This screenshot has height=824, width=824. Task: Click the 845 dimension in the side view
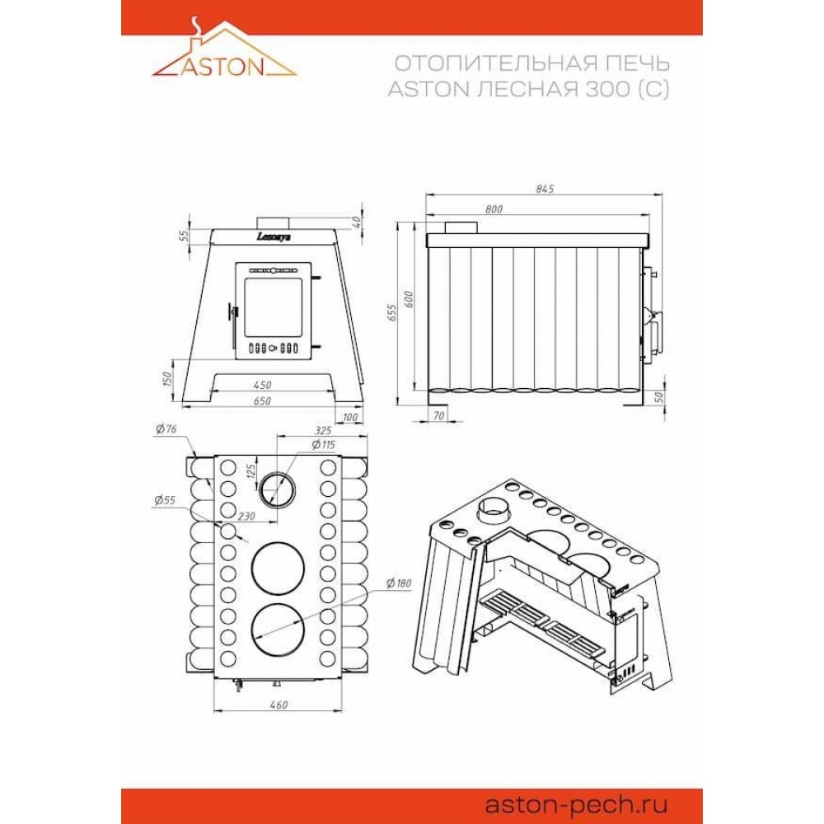[x=545, y=189]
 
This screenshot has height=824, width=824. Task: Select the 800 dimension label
[x=494, y=208]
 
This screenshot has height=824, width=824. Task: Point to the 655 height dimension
[x=392, y=313]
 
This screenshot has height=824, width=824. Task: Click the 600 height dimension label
[x=410, y=299]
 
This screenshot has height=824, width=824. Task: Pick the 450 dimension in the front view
[x=262, y=385]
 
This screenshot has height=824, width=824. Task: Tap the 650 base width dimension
[x=262, y=401]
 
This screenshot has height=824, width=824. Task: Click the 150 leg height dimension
[x=167, y=379]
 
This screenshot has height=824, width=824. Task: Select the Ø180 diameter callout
[x=399, y=583]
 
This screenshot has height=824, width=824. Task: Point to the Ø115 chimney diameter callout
[x=323, y=445]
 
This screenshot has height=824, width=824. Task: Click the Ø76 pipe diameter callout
[x=166, y=428]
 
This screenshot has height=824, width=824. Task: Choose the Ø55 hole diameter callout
[x=165, y=500]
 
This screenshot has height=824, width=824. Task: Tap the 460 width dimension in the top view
[x=278, y=705]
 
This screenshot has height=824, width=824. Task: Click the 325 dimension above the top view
[x=323, y=431]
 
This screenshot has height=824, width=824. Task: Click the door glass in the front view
[x=274, y=308]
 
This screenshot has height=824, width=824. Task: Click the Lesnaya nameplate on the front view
[x=274, y=236]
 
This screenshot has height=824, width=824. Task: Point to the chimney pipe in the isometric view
[x=494, y=508]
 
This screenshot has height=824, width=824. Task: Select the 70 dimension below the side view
[x=438, y=415]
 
